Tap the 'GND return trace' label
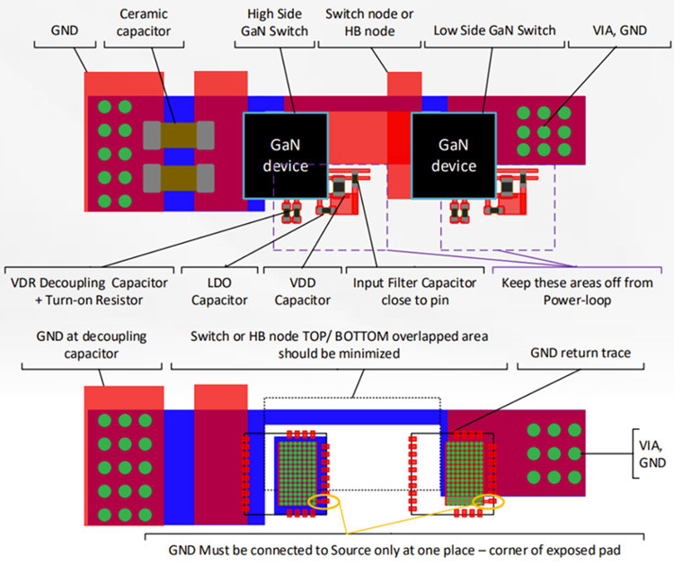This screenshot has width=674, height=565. (x=579, y=354)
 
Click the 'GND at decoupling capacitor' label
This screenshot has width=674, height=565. (x=92, y=345)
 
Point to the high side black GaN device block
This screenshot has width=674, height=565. (x=284, y=155)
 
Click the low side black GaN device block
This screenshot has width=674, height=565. (x=454, y=155)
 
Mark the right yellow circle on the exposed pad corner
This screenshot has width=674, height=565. (x=490, y=500)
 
